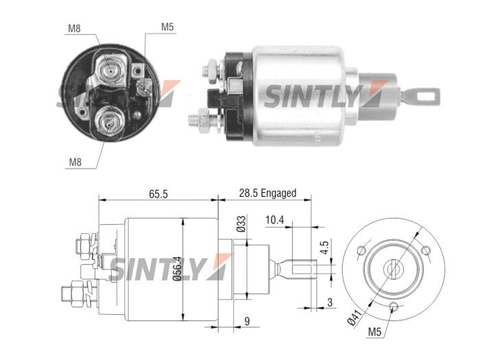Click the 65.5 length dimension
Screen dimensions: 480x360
158,194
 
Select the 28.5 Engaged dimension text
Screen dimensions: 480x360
267,193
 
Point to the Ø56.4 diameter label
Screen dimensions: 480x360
177,269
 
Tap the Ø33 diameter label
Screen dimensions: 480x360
241,224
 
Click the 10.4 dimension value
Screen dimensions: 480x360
274,220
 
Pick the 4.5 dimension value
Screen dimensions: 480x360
325,248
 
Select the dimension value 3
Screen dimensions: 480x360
329,302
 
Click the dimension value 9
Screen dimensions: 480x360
247,321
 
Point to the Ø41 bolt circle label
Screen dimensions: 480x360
355,317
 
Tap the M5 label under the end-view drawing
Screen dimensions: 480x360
374,332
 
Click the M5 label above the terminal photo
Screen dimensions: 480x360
167,27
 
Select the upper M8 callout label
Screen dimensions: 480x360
74,29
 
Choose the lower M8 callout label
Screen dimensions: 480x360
75,162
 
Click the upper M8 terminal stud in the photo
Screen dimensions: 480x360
109,71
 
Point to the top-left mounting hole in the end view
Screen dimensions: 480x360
361,251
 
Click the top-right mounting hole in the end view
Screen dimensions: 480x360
425,251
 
